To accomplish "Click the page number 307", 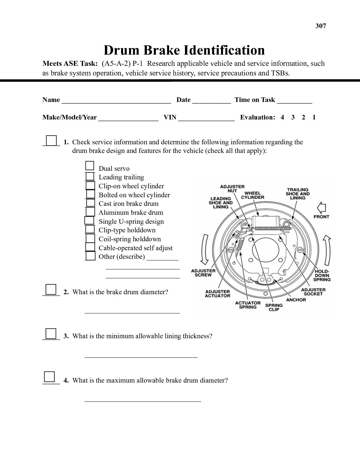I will tap(321, 26).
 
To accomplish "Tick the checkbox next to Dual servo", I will tap(90, 166).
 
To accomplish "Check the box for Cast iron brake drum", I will tap(90, 203).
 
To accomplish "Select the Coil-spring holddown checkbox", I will tap(90, 238).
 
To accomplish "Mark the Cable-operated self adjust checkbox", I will tap(90, 247).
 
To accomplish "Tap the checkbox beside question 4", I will tap(49, 377).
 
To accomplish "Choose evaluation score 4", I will tap(282, 117).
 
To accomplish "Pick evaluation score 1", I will tap(314, 117).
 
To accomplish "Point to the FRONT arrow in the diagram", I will tap(321, 209).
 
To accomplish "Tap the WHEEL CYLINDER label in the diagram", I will tap(252, 195).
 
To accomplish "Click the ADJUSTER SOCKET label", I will tap(313, 292).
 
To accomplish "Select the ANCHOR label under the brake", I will tap(296, 300).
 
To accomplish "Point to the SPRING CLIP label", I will tap(274, 307).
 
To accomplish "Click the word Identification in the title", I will tap(224, 50).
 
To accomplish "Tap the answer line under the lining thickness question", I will tap(141, 356).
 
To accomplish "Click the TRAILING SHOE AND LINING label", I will tap(297, 194).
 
